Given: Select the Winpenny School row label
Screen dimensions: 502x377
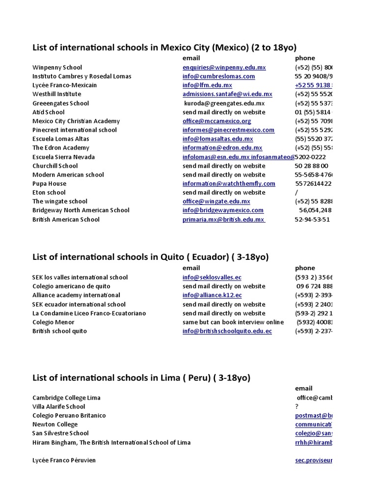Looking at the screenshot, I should (x=57, y=68).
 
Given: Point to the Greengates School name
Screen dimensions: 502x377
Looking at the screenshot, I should (x=60, y=103).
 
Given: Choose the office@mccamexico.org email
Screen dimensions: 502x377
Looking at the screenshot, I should (x=216, y=121).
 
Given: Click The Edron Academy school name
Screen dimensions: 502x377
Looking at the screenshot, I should (x=61, y=148).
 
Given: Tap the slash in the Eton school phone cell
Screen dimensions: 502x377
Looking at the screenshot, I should (x=296, y=193).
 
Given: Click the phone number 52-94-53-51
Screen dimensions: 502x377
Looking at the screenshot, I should (x=312, y=220).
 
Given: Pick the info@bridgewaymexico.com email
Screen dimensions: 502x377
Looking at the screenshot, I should (x=223, y=210).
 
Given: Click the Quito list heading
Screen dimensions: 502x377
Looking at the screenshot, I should (x=150, y=257).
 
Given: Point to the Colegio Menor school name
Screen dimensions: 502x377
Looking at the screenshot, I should (x=54, y=322).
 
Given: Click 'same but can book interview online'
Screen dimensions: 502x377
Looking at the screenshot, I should (x=233, y=322).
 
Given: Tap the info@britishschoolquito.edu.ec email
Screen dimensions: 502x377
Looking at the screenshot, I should (x=227, y=331).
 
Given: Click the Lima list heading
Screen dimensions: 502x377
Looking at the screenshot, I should (x=141, y=377).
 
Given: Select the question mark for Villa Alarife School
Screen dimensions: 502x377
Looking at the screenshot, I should (x=297, y=407).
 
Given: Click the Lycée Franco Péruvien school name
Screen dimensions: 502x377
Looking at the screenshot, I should (x=64, y=460).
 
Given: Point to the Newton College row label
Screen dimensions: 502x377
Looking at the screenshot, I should (x=55, y=425).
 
